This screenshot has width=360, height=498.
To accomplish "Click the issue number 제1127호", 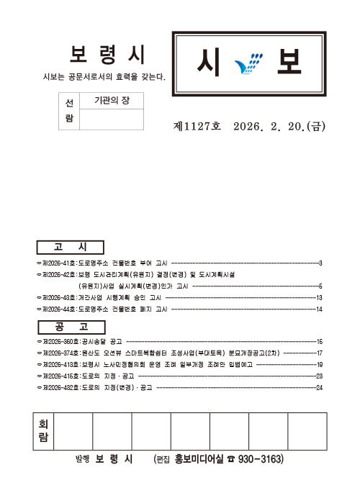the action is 196,126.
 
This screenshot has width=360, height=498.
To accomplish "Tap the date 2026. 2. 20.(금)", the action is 280,126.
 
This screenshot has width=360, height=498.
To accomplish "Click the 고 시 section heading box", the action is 71,246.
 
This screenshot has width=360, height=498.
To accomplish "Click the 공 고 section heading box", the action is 71,325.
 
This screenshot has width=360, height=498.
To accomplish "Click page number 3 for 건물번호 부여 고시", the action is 320,263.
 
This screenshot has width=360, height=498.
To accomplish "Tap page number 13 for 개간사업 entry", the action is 318,297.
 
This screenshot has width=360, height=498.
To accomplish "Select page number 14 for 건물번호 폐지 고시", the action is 318,309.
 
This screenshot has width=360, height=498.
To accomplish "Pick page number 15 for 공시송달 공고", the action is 318,341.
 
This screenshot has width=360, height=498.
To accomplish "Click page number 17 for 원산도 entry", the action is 318,353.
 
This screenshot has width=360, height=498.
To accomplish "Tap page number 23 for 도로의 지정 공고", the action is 318,376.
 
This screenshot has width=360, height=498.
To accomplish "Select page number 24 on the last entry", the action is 318,388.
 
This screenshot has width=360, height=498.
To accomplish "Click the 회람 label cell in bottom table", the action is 43,431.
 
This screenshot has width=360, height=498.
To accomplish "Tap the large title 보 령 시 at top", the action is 107,55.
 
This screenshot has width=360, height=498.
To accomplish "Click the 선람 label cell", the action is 69,111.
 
